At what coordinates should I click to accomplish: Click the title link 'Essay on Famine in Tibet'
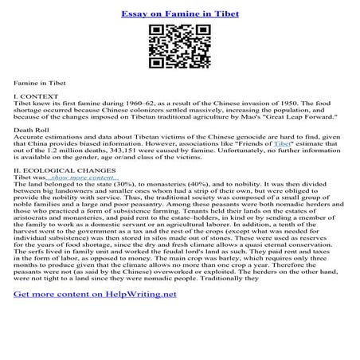click(179, 14)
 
